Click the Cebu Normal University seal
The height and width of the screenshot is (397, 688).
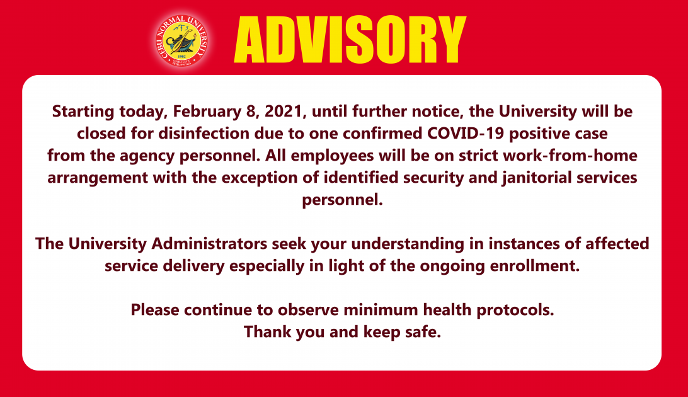tap(181, 40)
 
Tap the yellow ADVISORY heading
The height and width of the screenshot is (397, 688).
tap(350, 40)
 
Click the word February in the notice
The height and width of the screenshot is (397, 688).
tap(207, 112)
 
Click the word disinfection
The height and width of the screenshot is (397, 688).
tap(204, 134)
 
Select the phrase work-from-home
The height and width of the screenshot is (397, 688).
tap(570, 155)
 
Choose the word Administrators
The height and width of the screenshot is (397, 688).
tap(209, 243)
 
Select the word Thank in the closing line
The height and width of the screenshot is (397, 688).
tap(268, 331)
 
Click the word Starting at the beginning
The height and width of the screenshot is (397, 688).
tap(83, 112)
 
